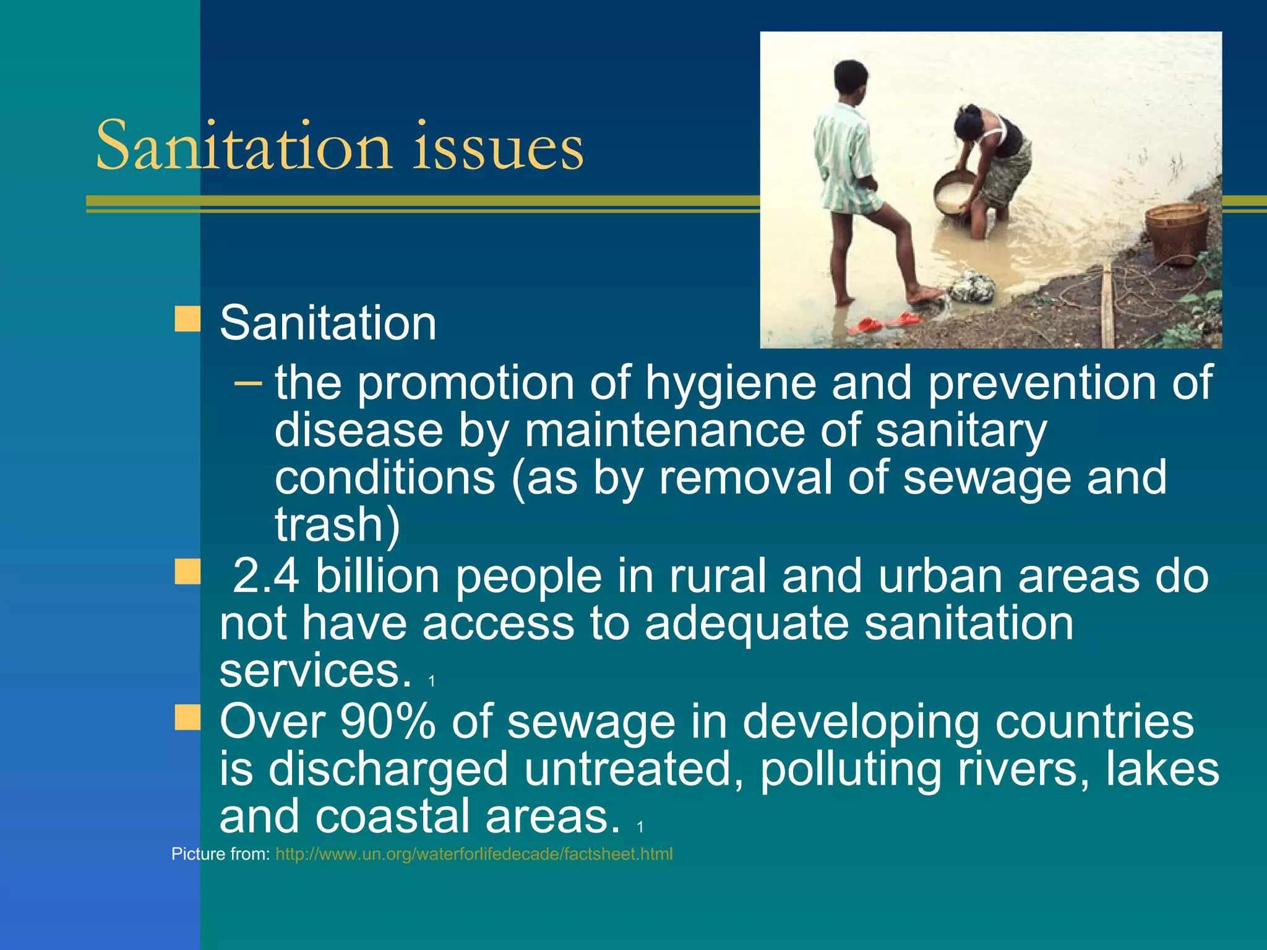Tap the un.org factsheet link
[474, 854]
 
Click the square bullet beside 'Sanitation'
[187, 319]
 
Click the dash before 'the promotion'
[248, 383]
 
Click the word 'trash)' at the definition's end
[338, 525]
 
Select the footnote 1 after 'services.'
[432, 681]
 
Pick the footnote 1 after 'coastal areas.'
[640, 827]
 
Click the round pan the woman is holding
[953, 194]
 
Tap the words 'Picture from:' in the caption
[220, 854]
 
